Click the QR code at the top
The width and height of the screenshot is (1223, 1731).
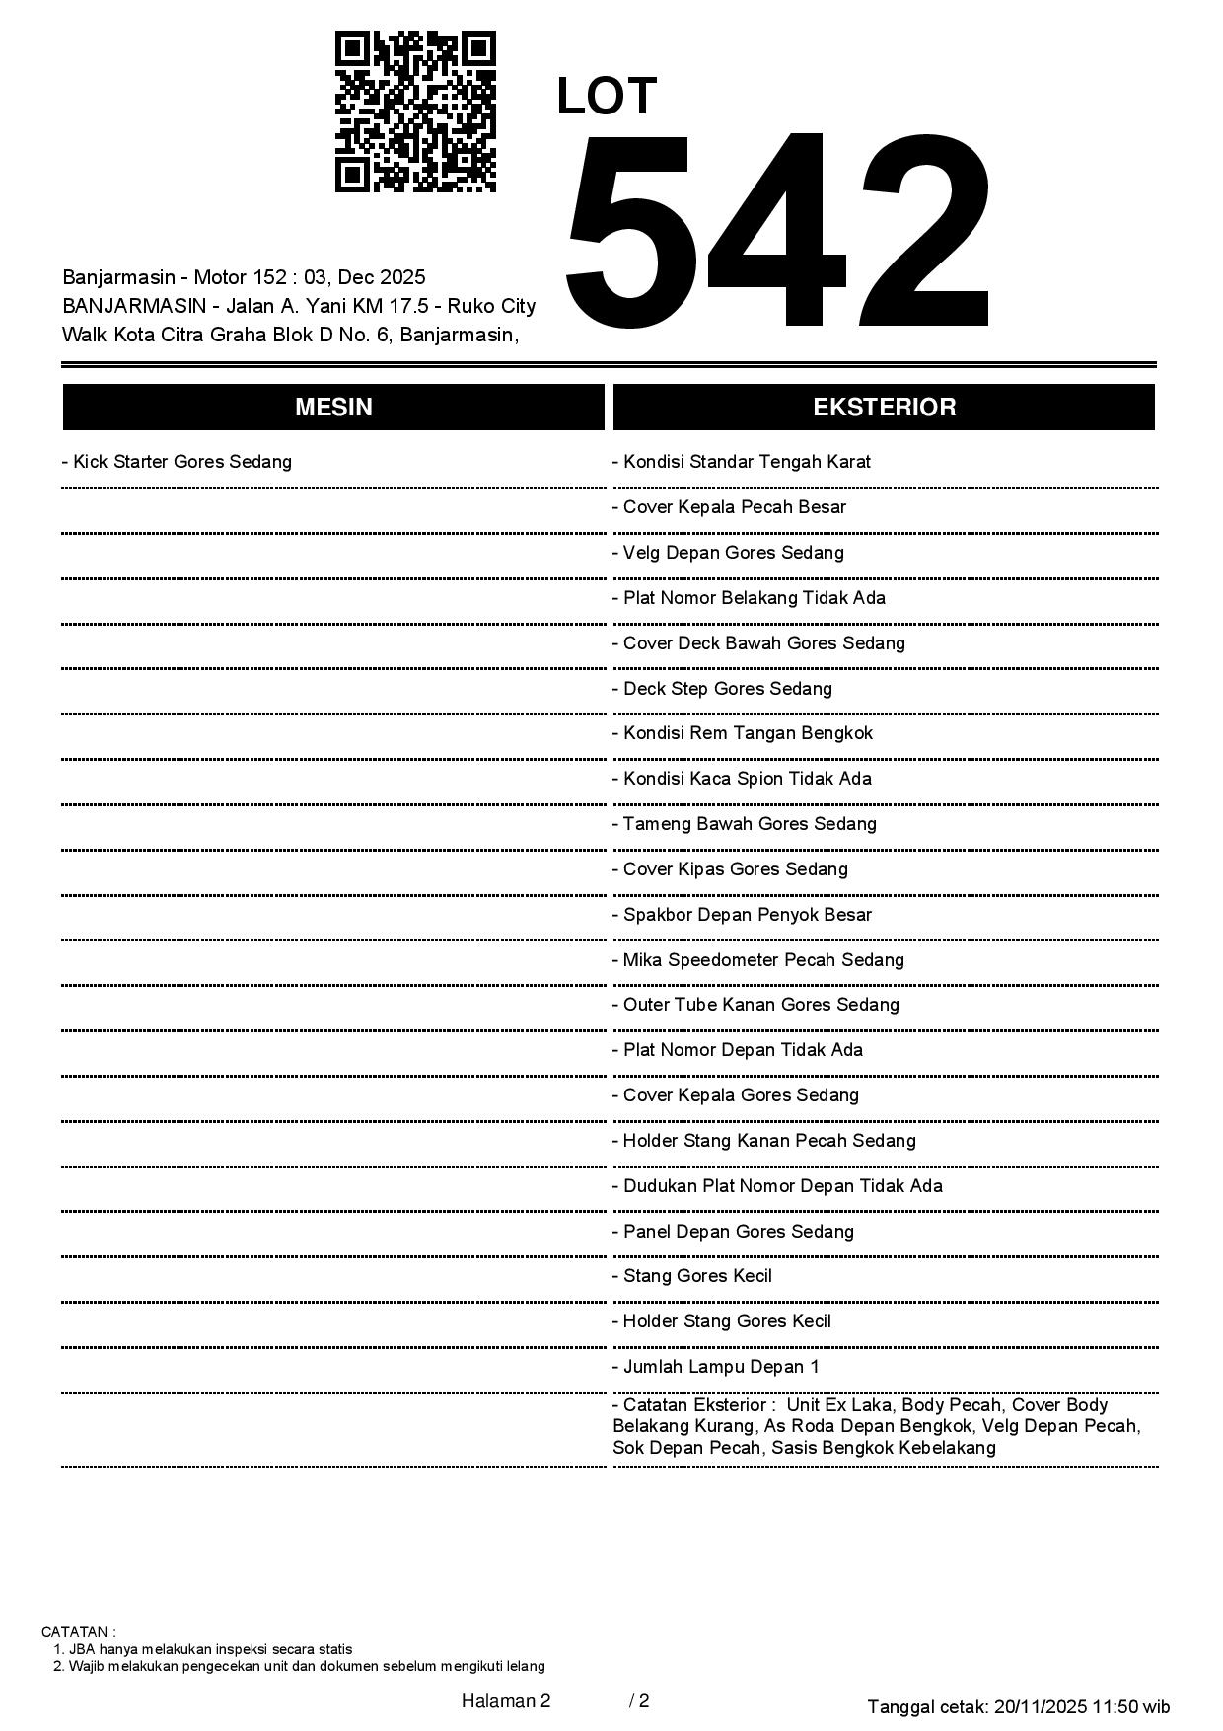(x=415, y=112)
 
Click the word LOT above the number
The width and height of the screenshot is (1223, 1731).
(x=607, y=97)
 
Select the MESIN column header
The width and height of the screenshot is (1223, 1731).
(x=333, y=408)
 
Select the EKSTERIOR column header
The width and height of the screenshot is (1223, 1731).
(x=884, y=408)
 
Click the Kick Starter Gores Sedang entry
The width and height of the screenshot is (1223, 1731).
(x=178, y=462)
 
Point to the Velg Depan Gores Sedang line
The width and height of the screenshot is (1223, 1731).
(x=729, y=553)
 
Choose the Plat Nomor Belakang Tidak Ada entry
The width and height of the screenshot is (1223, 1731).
(x=750, y=598)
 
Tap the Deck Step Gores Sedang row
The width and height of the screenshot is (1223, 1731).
(x=723, y=689)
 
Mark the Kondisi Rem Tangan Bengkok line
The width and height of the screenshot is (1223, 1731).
(x=743, y=733)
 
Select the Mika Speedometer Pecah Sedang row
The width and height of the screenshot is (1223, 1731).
(x=758, y=960)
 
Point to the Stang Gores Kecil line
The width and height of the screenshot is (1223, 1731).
(x=692, y=1276)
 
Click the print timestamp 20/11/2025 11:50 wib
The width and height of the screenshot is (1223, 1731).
(x=1082, y=1706)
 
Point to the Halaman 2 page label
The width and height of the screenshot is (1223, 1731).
(x=506, y=1700)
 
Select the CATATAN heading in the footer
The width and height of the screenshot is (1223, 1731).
(x=78, y=1632)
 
